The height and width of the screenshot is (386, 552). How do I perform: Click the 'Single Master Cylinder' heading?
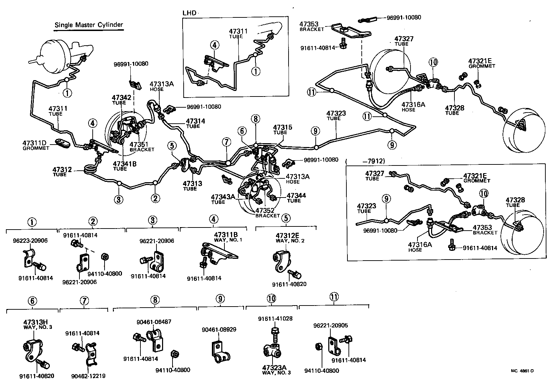[89, 25]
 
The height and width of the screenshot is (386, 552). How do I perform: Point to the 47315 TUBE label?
[282, 129]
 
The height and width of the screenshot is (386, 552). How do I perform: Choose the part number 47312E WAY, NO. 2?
[285, 238]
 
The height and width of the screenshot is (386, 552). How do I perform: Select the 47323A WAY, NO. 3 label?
[277, 370]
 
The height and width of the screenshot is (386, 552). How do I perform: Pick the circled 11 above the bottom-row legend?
[333, 297]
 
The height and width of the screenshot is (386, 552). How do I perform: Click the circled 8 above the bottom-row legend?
[155, 300]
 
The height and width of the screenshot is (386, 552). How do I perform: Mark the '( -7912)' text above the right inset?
[365, 161]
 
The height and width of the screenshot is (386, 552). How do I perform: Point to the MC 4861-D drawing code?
[522, 371]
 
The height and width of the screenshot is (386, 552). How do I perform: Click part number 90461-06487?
[154, 322]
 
